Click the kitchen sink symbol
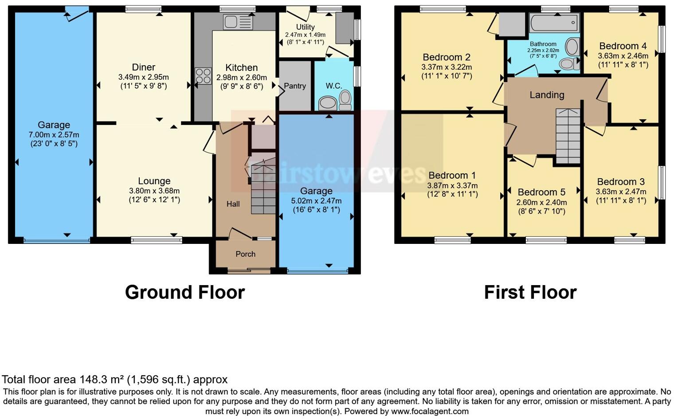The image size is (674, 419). pyautogui.click(x=238, y=22)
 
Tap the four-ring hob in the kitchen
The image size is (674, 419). pyautogui.click(x=203, y=76)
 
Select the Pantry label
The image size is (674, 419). pyautogui.click(x=295, y=86)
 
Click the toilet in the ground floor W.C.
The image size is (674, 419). pyautogui.click(x=345, y=100)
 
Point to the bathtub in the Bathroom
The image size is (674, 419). pyautogui.click(x=554, y=22)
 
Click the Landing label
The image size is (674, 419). pyautogui.click(x=547, y=95)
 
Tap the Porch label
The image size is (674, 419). pyautogui.click(x=245, y=254)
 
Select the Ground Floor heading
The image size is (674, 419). pyautogui.click(x=185, y=293)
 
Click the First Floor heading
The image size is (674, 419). pyautogui.click(x=530, y=293)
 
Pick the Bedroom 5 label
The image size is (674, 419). pyautogui.click(x=541, y=192)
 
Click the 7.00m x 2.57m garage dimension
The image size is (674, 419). pyautogui.click(x=54, y=135)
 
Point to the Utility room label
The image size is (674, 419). pyautogui.click(x=305, y=27)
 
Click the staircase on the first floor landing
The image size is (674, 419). pyautogui.click(x=568, y=136)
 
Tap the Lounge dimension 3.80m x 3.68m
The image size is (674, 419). pyautogui.click(x=154, y=191)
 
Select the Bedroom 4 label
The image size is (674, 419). pyautogui.click(x=623, y=46)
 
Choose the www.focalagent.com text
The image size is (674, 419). pyautogui.click(x=430, y=411)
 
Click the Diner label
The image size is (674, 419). pyautogui.click(x=144, y=67)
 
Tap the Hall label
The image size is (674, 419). pyautogui.click(x=233, y=204)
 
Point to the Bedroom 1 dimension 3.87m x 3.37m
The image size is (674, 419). pyautogui.click(x=452, y=186)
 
